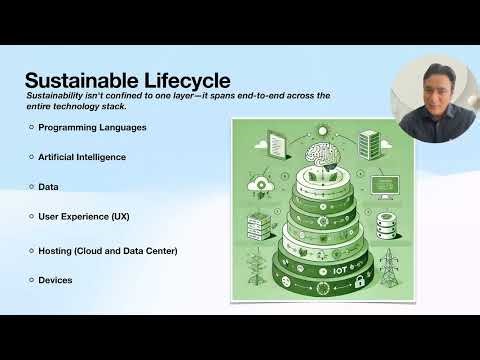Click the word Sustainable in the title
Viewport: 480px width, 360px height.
click(x=81, y=80)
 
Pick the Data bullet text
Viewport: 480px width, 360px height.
click(x=49, y=187)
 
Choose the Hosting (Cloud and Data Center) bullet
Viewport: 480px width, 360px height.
click(x=108, y=250)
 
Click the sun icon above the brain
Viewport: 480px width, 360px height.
click(x=318, y=129)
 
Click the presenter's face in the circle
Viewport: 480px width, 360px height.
click(x=434, y=100)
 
